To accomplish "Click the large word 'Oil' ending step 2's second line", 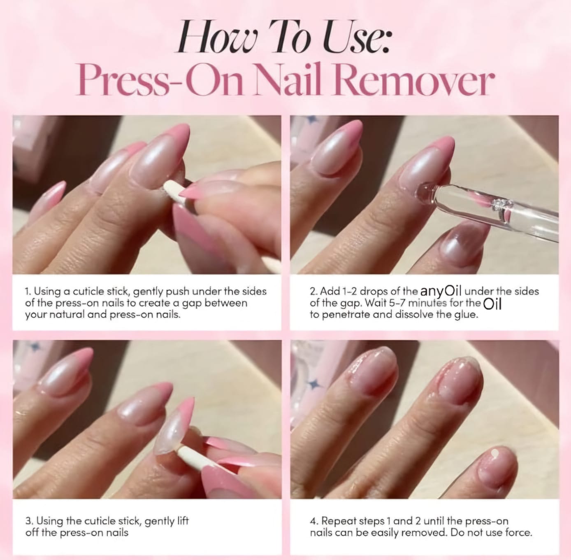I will coord(492,304).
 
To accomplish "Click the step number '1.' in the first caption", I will coord(28,292).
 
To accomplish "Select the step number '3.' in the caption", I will coord(29,521).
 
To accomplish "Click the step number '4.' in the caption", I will coord(314,521).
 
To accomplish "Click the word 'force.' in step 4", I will coord(519,532).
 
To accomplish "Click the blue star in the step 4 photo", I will coord(316,384).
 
